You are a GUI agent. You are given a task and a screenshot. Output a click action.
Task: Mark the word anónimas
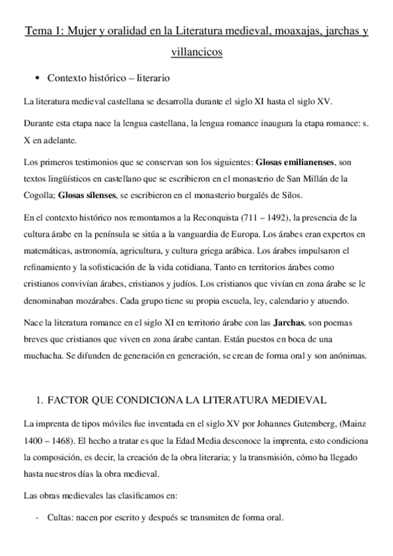click(352, 357)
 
